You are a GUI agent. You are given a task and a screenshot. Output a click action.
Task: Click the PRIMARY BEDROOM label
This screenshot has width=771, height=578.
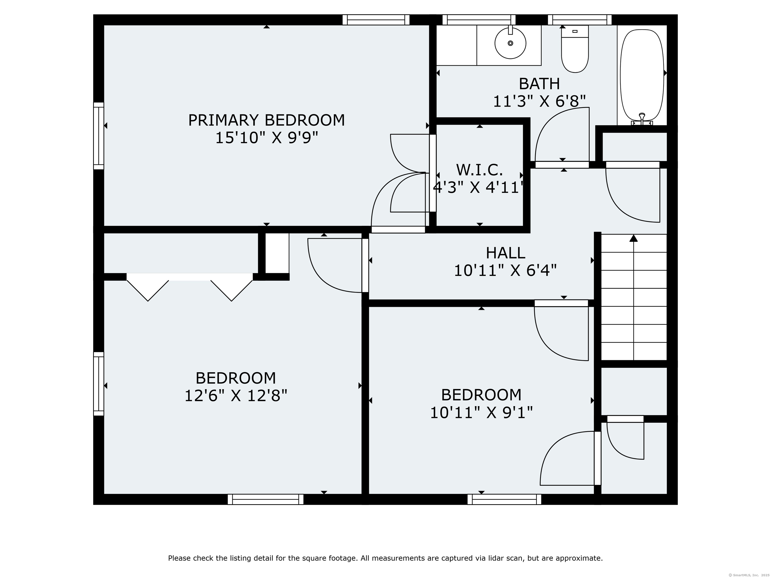coord(266,120)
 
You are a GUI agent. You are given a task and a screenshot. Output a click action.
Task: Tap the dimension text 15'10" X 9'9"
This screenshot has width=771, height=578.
coord(266,138)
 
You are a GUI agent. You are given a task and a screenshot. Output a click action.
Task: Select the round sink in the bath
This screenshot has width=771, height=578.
coord(510,43)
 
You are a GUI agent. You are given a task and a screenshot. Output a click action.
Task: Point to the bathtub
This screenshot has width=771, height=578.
coord(642,75)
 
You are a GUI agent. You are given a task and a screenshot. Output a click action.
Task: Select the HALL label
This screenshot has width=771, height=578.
coord(505,253)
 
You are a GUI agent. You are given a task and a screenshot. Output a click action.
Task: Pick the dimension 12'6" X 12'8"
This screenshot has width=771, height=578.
coord(236,396)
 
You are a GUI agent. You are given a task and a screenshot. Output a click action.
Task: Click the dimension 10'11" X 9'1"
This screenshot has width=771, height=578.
coord(481,413)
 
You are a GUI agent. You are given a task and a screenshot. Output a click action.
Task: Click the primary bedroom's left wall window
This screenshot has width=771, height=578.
coord(99,136)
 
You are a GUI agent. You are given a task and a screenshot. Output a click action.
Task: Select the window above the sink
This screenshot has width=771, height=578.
coord(479,20)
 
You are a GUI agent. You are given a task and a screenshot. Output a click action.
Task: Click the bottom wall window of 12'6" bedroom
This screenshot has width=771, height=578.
coord(265,499)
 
